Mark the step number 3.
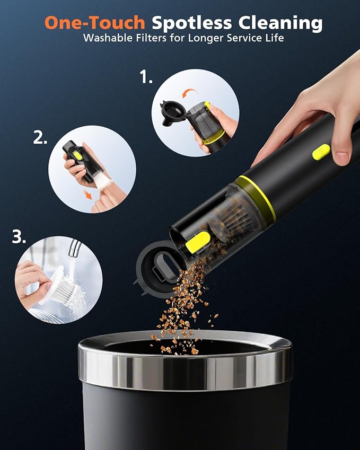19,237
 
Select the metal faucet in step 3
75,248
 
